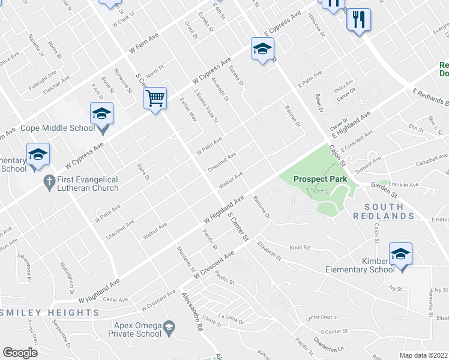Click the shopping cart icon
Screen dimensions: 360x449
coord(155,97)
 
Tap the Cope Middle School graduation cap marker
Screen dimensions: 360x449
coord(102,113)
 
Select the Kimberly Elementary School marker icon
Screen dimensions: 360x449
coord(400,253)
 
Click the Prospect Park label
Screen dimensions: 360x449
coord(320,179)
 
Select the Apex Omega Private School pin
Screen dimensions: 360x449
coord(169,326)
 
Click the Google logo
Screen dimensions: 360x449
coord(20,353)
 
